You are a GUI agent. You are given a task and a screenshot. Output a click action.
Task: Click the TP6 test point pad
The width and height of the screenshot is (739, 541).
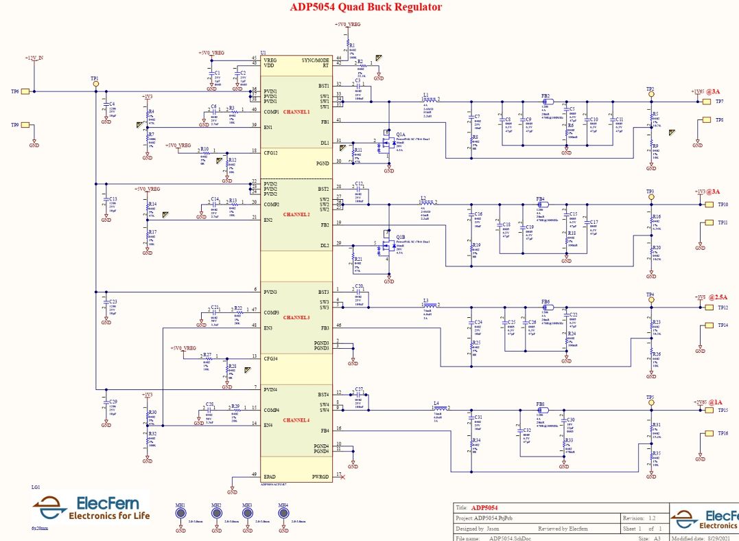25,91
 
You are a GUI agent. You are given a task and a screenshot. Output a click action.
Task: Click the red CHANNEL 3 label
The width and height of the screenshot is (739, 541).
296,318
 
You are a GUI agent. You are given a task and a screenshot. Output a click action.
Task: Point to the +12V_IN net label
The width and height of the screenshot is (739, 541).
34,58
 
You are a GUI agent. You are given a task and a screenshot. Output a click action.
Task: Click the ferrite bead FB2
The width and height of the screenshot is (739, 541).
547,100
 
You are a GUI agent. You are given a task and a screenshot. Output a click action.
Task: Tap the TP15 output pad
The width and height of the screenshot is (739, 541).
706,411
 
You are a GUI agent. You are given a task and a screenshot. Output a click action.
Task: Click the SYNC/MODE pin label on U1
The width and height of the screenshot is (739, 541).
316,60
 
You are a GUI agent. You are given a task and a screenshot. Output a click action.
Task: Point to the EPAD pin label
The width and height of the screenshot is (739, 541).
270,476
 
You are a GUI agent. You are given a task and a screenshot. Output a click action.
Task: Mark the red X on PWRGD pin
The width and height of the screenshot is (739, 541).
342,476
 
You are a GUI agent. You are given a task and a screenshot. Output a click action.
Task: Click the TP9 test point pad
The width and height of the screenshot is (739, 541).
25,125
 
